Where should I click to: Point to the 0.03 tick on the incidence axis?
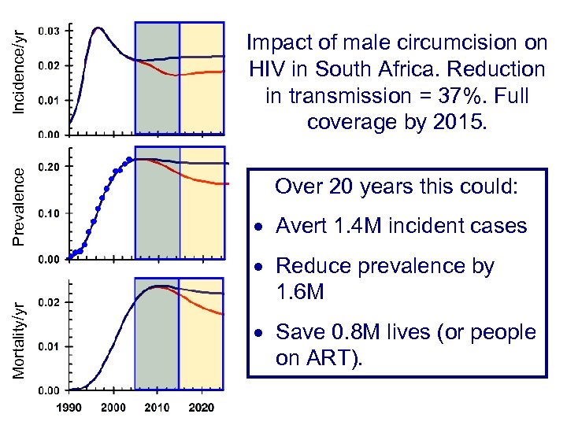click(48, 31)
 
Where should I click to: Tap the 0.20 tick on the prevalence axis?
click(48, 167)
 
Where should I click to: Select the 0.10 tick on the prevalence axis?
click(48, 213)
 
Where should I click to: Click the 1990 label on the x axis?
click(69, 408)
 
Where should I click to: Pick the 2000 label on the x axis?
click(113, 408)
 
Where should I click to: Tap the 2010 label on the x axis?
click(158, 408)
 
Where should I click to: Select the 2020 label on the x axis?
click(202, 408)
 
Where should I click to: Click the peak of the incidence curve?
click(98, 29)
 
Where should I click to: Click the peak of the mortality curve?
click(160, 286)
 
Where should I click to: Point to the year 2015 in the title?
click(458, 122)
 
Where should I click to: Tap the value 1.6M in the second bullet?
click(299, 293)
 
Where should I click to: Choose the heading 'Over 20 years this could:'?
click(396, 187)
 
